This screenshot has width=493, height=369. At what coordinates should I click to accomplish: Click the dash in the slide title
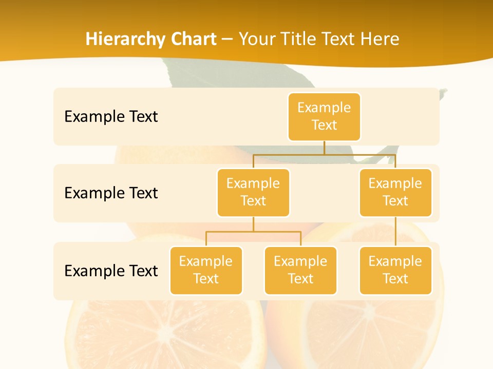[x=227, y=39]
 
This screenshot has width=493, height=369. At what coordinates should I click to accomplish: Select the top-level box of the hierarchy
[x=324, y=116]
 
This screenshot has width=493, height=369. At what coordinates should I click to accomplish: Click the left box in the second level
[x=253, y=192]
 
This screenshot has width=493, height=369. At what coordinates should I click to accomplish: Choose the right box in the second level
[x=395, y=192]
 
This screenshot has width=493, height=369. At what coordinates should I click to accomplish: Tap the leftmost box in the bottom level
[x=206, y=270]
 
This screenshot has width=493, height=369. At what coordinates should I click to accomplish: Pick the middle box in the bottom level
[x=300, y=270]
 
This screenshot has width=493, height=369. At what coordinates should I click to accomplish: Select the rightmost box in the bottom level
[x=395, y=270]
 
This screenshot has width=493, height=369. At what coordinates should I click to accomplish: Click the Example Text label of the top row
[x=111, y=116]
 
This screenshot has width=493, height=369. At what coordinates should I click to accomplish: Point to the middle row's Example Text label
[x=111, y=193]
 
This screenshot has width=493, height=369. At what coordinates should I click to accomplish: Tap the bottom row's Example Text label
[x=111, y=270]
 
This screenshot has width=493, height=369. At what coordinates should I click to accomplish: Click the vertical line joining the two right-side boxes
[x=395, y=232]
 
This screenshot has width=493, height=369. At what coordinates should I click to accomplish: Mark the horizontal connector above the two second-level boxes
[x=324, y=154]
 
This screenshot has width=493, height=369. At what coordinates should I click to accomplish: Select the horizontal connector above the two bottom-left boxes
[x=253, y=232]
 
